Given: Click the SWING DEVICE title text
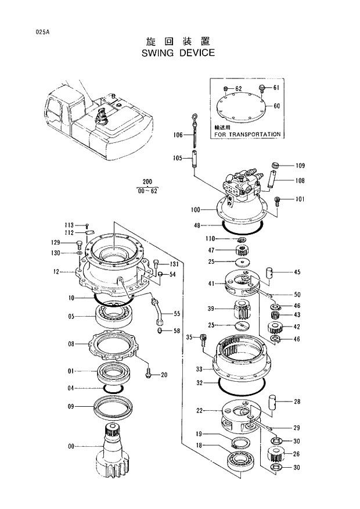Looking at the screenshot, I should [x=178, y=53].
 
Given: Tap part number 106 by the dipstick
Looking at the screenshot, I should [x=178, y=135].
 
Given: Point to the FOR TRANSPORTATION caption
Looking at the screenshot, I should [x=247, y=134].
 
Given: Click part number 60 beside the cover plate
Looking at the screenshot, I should [x=276, y=106].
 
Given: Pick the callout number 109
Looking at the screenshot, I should [x=300, y=166].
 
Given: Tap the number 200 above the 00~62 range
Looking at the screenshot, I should [x=147, y=182].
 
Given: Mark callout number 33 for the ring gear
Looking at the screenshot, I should [x=199, y=369].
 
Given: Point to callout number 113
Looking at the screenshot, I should [x=69, y=225].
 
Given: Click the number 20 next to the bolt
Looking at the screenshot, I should [x=164, y=375].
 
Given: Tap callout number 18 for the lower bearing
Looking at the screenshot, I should [x=199, y=445].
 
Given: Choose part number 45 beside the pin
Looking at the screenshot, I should [x=297, y=272].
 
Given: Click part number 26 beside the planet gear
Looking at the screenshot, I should [x=297, y=454].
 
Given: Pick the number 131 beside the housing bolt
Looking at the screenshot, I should [x=174, y=265].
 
